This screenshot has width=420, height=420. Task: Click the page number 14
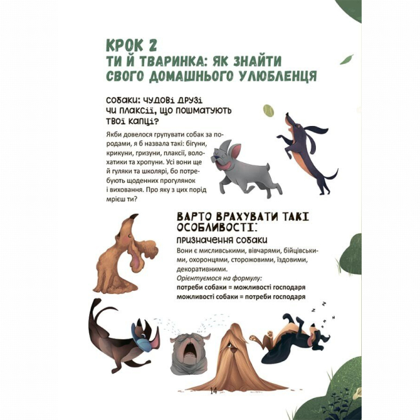coord(215,391)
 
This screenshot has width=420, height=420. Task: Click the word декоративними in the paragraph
coord(201,269)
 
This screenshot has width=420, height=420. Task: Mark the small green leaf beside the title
coord(347,59)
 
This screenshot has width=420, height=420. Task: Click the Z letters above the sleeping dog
coord(317,310)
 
